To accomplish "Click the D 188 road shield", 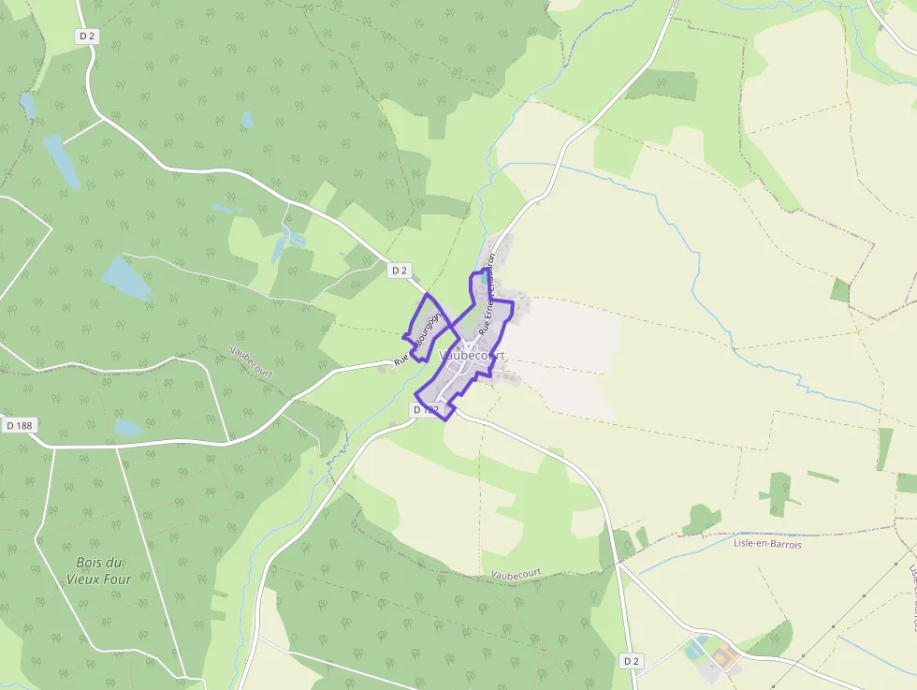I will pyautogui.click(x=18, y=425).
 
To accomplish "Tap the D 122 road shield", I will pyautogui.click(x=426, y=410).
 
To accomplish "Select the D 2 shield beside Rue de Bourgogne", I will pyautogui.click(x=400, y=271).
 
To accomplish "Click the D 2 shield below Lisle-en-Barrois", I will pyautogui.click(x=632, y=661).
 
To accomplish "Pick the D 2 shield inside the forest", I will pyautogui.click(x=87, y=36).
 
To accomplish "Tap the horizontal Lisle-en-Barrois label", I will pyautogui.click(x=767, y=543).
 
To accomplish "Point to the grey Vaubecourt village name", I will pyautogui.click(x=473, y=356).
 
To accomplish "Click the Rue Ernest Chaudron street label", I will pyautogui.click(x=486, y=295).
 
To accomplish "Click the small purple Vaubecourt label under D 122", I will pyautogui.click(x=516, y=572).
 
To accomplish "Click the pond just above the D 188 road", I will pyautogui.click(x=128, y=428).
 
